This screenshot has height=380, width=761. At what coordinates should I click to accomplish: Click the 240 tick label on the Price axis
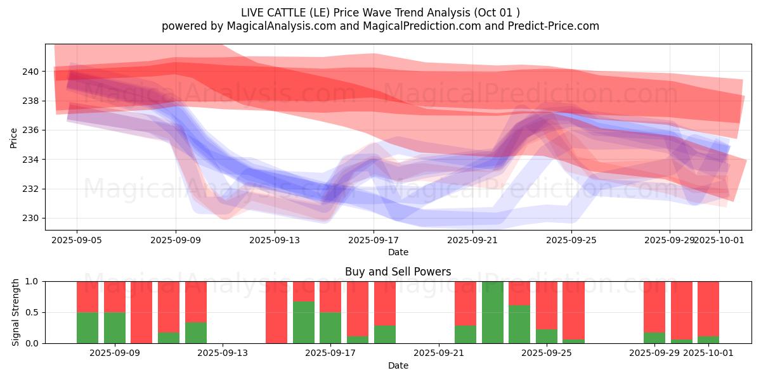pyautogui.click(x=31, y=72)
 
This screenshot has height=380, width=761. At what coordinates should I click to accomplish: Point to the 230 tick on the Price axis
pyautogui.click(x=31, y=218)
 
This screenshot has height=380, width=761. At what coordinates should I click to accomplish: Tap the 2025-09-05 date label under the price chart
pyautogui.click(x=77, y=240)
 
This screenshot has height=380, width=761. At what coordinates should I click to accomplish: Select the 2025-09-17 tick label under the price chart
pyautogui.click(x=374, y=240)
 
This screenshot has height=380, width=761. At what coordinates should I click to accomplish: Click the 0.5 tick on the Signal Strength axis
pyautogui.click(x=32, y=312)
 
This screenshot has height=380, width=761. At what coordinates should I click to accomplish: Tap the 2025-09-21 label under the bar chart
pyautogui.click(x=439, y=353)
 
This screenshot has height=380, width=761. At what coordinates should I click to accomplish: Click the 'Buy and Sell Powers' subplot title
pyautogui.click(x=398, y=272)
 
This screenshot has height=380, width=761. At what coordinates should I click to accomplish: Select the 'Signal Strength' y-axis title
pyautogui.click(x=16, y=312)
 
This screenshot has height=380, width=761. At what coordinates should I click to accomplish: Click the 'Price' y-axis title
pyautogui.click(x=14, y=137)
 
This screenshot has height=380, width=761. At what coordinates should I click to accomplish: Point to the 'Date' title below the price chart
pyautogui.click(x=398, y=252)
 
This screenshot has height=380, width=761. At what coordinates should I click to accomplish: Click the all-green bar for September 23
pyautogui.click(x=493, y=312)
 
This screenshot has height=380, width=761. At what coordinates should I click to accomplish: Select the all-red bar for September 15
pyautogui.click(x=276, y=312)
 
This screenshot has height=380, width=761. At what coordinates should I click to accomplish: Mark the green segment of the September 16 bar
pyautogui.click(x=304, y=322)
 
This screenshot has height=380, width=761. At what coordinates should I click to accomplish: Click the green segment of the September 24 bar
pyautogui.click(x=519, y=324)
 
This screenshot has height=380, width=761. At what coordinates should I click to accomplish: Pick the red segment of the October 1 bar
pyautogui.click(x=708, y=308)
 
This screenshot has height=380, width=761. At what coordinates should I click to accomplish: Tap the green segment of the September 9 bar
pyautogui.click(x=115, y=328)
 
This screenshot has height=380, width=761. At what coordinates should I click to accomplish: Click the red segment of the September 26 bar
pyautogui.click(x=573, y=310)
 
